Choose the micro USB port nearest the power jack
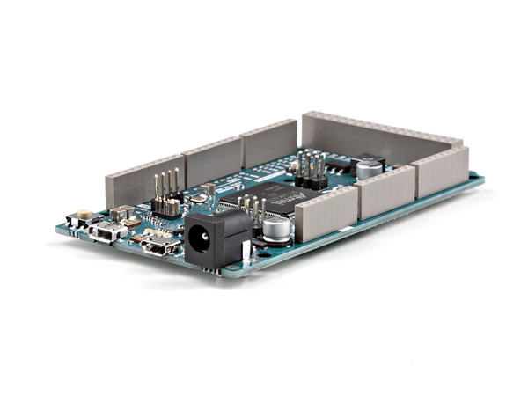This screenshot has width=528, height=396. pos(158,246)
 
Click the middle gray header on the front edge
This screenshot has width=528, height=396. pos(385,191)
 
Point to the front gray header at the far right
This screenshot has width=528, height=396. pos(443,171)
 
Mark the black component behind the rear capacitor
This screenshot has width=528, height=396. pos(363,160)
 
